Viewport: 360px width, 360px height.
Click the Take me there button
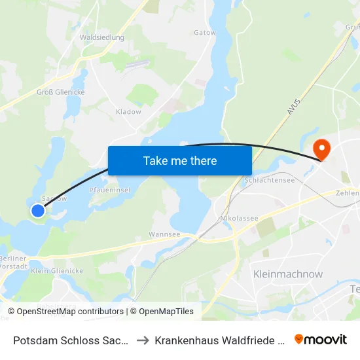[180, 160]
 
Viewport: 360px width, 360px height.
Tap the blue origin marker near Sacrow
[38, 210]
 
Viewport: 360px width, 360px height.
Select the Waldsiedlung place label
[101, 37]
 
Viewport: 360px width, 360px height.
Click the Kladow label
[128, 112]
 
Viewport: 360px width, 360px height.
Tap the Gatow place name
[204, 32]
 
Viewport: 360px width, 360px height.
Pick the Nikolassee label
[239, 219]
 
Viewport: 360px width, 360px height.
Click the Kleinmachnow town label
[287, 274]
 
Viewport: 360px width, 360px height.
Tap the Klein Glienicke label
[57, 270]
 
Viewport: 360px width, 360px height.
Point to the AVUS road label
[292, 104]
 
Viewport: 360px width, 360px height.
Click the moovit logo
[321, 339]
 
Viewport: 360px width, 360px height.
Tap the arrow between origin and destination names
[141, 340]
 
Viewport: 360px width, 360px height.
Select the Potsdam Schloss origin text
[69, 340]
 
